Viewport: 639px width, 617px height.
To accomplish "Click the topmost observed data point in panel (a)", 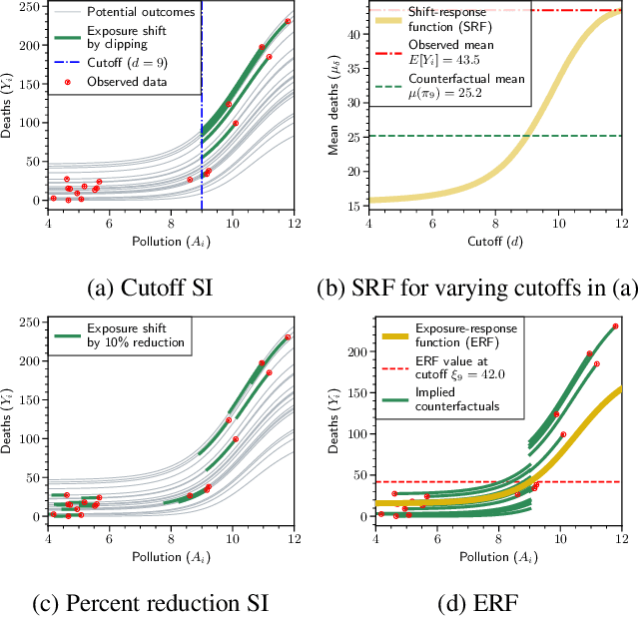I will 288,21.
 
